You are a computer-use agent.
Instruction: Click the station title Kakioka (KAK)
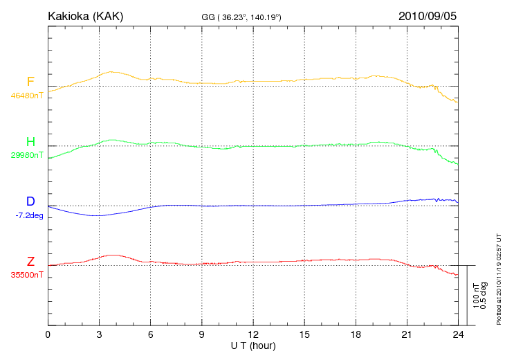[85, 15]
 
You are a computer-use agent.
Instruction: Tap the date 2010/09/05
[428, 15]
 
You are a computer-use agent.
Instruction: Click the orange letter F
[30, 81]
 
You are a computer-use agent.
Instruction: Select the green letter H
[30, 141]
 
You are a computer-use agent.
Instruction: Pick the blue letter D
[30, 201]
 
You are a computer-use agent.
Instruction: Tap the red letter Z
[30, 261]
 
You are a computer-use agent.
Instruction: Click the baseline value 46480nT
[26, 96]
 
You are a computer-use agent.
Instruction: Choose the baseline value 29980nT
[26, 155]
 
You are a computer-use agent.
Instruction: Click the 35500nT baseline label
[26, 275]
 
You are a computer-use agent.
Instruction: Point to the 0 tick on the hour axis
[48, 334]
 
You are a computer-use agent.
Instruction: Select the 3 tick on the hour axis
[100, 334]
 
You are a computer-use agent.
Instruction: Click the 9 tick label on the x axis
[202, 334]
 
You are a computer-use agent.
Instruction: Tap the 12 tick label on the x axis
[253, 334]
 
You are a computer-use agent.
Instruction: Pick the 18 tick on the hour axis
[356, 334]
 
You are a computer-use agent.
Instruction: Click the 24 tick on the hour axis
[458, 334]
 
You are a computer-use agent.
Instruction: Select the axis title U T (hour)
[252, 345]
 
